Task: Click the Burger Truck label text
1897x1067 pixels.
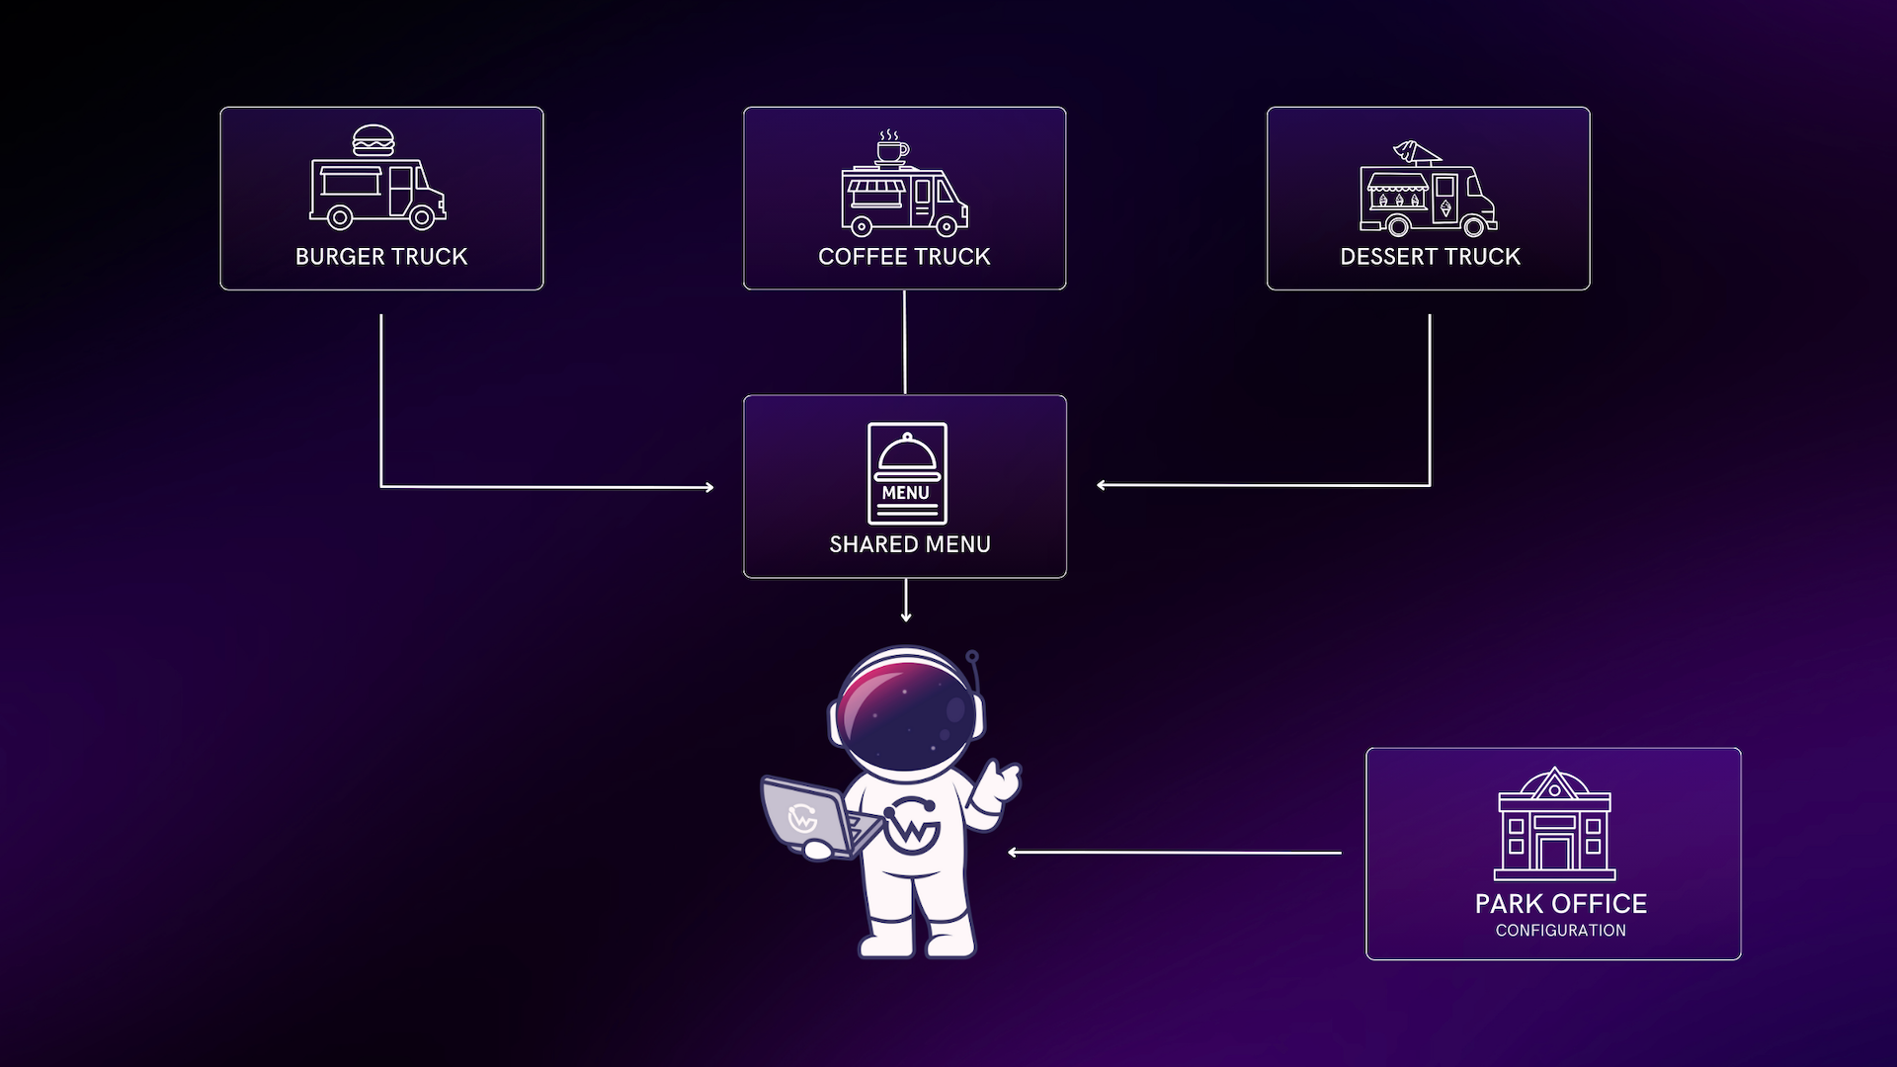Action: point(381,257)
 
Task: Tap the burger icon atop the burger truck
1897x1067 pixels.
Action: point(373,141)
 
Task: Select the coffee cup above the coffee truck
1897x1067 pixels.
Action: point(891,151)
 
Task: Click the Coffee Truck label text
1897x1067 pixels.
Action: point(904,257)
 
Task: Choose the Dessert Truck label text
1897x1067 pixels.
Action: point(1430,257)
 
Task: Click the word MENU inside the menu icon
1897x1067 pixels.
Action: point(906,493)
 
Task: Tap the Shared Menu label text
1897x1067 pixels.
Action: point(910,544)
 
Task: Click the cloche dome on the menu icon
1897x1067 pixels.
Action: point(907,455)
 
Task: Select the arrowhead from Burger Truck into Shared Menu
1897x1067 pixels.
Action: point(708,487)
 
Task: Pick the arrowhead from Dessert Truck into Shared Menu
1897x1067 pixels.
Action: point(1102,485)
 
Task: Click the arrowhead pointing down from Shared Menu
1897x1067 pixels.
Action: point(906,617)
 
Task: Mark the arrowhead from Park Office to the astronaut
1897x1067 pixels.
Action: point(1013,853)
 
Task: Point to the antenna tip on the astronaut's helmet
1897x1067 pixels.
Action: point(972,656)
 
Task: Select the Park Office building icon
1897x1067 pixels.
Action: point(1554,825)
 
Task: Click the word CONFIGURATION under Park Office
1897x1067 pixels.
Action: point(1560,931)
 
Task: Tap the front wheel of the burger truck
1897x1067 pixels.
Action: point(422,217)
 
